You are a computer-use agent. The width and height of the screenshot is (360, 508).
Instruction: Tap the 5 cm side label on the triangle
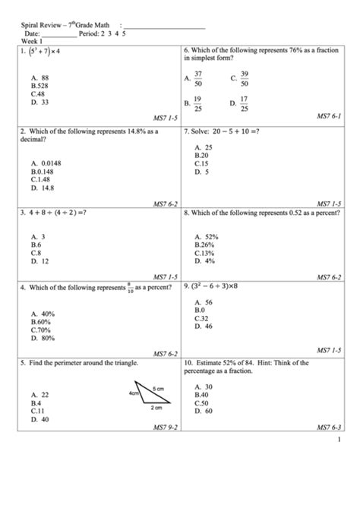[159, 388]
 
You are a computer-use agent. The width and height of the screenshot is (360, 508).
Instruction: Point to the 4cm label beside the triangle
[134, 394]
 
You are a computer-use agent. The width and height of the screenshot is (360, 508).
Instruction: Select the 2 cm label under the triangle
[156, 408]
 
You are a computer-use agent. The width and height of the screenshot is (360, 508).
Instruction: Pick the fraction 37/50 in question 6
[198, 78]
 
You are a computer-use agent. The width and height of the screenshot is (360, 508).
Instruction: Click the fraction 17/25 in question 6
[244, 103]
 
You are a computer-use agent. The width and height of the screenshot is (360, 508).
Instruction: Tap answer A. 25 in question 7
[203, 147]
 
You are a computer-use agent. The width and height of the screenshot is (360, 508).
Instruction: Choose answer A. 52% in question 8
[206, 237]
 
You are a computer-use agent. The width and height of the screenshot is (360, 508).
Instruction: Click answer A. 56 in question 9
[203, 302]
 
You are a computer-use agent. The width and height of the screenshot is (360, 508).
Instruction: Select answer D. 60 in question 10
[203, 411]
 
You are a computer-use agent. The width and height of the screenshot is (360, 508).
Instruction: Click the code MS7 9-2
[165, 428]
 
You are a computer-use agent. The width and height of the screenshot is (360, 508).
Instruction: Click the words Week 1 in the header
[32, 41]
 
